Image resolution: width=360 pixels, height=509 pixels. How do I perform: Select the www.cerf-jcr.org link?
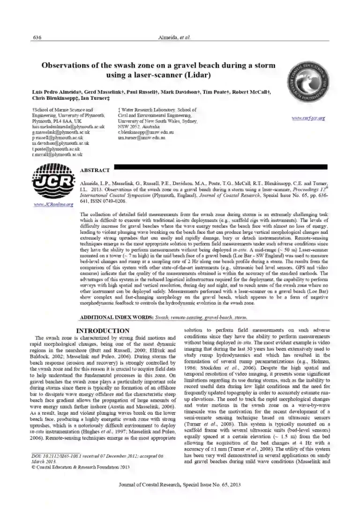pyautogui.click(x=308, y=118)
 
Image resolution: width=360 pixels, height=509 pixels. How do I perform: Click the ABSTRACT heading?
pyautogui.click(x=95, y=170)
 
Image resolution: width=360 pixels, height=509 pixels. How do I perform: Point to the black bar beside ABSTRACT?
pyautogui.click(x=220, y=166)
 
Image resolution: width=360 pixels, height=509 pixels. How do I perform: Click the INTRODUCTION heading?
pyautogui.click(x=103, y=331)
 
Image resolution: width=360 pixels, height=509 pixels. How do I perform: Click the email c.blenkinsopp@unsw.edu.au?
pyautogui.click(x=140, y=133)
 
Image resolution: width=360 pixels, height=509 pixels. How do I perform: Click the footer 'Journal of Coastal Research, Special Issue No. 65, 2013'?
pyautogui.click(x=180, y=496)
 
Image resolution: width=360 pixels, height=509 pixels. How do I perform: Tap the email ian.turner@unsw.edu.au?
pyautogui.click(x=139, y=138)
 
